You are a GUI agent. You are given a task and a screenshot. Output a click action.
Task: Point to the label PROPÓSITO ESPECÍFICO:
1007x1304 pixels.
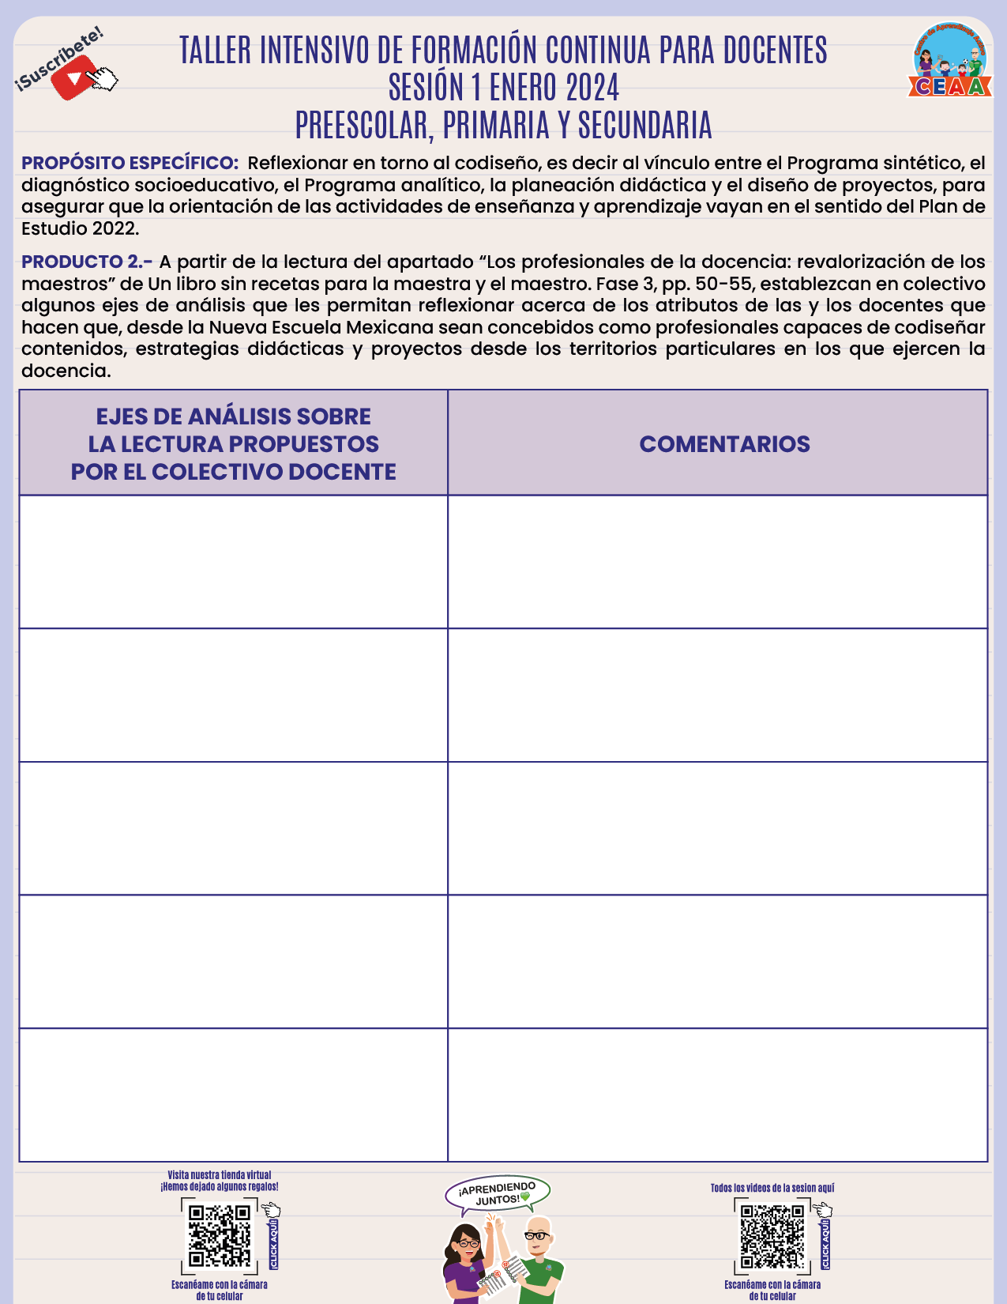tap(130, 164)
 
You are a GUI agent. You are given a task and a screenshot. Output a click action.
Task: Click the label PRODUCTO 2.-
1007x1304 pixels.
tap(87, 262)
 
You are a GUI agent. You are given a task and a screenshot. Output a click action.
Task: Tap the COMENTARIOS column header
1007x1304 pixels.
tap(724, 444)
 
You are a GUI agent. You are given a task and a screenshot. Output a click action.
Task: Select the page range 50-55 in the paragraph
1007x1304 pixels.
tap(723, 284)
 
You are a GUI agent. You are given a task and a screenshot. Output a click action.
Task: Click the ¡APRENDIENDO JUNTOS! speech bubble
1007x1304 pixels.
tap(498, 1194)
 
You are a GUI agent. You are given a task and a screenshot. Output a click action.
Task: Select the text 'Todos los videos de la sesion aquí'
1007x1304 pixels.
tap(772, 1188)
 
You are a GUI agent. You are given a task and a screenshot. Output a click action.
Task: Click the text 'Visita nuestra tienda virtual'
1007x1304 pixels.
tap(219, 1175)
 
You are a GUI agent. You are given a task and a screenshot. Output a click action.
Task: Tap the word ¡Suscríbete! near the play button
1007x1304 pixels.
tap(59, 57)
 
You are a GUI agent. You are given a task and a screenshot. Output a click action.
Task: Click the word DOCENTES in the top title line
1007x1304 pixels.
tap(775, 51)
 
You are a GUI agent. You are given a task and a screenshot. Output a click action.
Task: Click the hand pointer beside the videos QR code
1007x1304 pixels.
tap(823, 1210)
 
